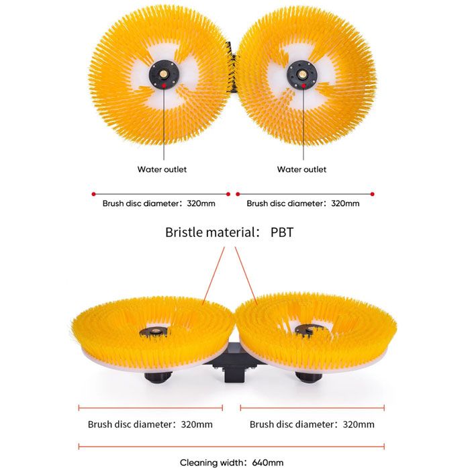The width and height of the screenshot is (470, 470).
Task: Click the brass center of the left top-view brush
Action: pyautogui.click(x=164, y=74)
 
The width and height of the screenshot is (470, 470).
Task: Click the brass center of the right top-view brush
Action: pyautogui.click(x=301, y=74)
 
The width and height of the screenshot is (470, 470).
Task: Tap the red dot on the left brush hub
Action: pyautogui.click(x=164, y=85)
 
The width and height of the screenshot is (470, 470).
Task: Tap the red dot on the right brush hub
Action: pyautogui.click(x=303, y=86)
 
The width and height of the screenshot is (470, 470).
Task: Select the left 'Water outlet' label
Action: pyautogui.click(x=162, y=169)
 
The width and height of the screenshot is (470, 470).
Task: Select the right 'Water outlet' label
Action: pyautogui.click(x=301, y=169)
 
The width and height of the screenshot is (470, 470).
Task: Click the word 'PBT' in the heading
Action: pyautogui.click(x=282, y=232)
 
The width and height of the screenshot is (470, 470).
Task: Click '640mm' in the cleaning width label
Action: pyautogui.click(x=268, y=463)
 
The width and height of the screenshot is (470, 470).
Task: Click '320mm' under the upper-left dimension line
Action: pyautogui.click(x=201, y=203)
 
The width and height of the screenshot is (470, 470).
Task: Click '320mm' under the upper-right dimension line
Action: pyautogui.click(x=345, y=203)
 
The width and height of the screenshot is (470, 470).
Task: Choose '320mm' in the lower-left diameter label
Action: pyautogui.click(x=197, y=424)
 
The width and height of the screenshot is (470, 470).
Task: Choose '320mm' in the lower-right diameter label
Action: pyautogui.click(x=359, y=424)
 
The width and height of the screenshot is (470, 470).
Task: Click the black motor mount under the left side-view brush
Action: pyautogui.click(x=158, y=377)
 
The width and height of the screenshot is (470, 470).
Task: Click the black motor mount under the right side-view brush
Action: pyautogui.click(x=309, y=377)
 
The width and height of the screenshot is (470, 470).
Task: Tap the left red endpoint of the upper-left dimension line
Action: pyautogui.click(x=93, y=194)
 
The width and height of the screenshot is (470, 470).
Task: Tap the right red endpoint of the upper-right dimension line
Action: pyautogui.click(x=372, y=194)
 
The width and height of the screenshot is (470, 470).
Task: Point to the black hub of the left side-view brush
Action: pyautogui.click(x=154, y=332)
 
